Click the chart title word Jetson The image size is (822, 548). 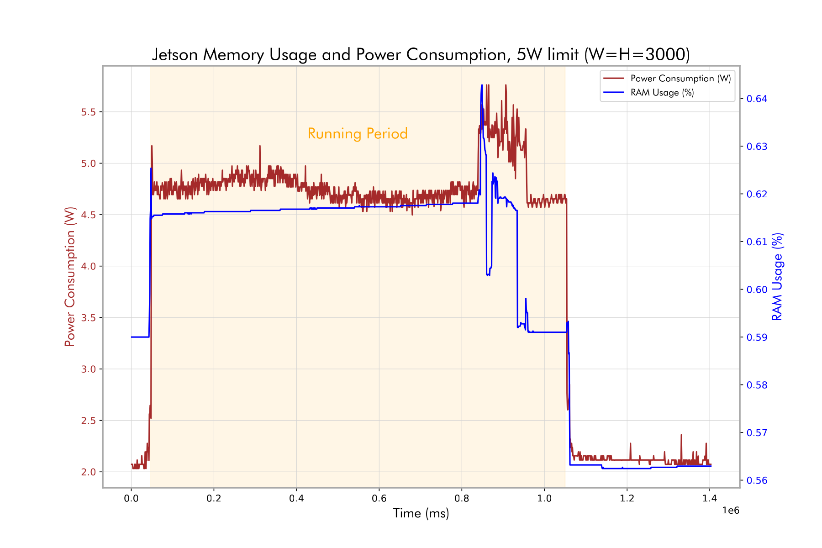(x=175, y=55)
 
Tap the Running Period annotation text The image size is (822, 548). (x=357, y=134)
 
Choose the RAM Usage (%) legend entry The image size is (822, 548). (x=662, y=93)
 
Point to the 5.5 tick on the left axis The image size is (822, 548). (x=91, y=112)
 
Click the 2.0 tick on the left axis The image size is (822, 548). (x=91, y=472)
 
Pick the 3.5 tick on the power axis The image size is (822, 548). (x=91, y=318)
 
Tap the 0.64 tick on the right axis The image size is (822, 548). (x=757, y=99)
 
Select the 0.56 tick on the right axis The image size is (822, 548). (x=757, y=480)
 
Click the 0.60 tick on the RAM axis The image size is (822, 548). (x=757, y=290)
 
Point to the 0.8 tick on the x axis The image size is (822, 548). (x=462, y=498)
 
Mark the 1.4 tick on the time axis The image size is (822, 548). (x=710, y=498)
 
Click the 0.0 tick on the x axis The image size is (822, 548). (x=131, y=498)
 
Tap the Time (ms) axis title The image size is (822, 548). (x=421, y=513)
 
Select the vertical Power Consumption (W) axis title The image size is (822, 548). (x=70, y=277)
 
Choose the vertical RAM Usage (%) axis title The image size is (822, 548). (x=777, y=277)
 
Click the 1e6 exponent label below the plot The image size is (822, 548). (x=730, y=511)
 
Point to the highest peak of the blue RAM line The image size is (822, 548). (x=482, y=85)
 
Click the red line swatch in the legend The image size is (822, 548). (x=613, y=79)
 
